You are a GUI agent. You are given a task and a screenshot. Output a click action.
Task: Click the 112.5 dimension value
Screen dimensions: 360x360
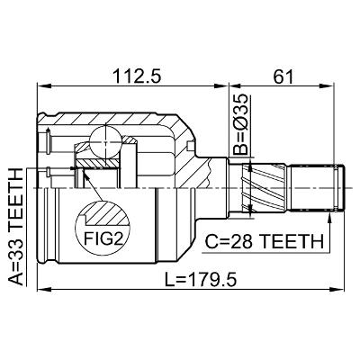[x=137, y=76]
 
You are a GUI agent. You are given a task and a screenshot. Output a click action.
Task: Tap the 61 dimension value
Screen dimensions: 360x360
[x=283, y=76]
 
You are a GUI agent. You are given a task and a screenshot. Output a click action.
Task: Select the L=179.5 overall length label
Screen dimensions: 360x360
[x=201, y=280]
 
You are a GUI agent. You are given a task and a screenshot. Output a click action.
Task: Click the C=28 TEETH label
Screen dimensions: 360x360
[x=265, y=241]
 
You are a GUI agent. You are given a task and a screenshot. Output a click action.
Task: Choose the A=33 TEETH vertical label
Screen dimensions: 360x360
[x=15, y=227]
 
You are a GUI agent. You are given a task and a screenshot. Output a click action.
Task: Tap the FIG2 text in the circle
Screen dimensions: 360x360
[x=103, y=238]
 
